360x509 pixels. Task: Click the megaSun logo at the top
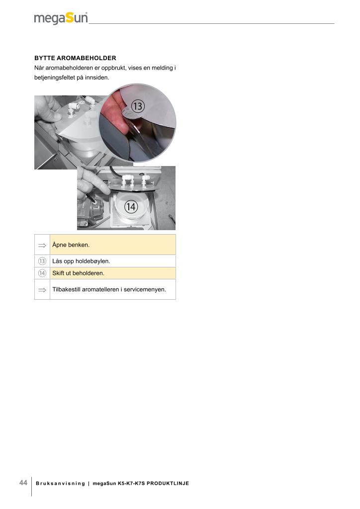tap(61, 18)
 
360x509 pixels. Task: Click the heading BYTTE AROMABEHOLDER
tap(75, 58)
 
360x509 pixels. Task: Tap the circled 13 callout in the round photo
tap(138, 106)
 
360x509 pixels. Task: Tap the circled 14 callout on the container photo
tap(131, 206)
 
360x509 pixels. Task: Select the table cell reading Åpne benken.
tap(113, 245)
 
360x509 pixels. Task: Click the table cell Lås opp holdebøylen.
tap(113, 261)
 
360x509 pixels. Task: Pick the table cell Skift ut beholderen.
tap(113, 273)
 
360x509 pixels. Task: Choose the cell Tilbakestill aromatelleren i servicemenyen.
tap(113, 289)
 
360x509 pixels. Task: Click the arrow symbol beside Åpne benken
tap(42, 246)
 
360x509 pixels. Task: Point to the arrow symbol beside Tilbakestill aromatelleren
tap(42, 290)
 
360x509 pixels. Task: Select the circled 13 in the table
tap(42, 261)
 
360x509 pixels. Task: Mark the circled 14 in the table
tap(42, 273)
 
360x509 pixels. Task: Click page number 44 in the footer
tap(23, 482)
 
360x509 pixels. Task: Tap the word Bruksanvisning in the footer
tap(60, 483)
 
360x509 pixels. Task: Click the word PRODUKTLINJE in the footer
tap(168, 483)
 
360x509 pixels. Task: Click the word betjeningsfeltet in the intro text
tap(55, 78)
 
